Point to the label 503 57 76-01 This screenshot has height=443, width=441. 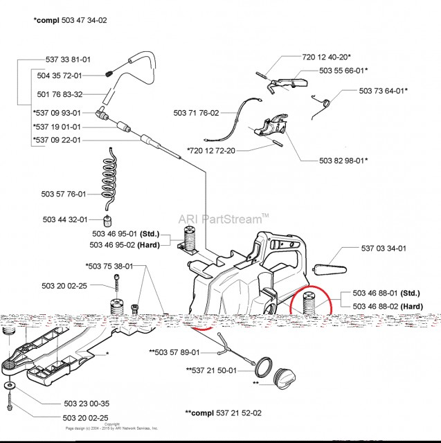64,195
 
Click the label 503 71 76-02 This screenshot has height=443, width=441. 196,113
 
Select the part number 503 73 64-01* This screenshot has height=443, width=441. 383,91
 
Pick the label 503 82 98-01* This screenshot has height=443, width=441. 344,161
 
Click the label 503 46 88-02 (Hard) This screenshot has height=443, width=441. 388,306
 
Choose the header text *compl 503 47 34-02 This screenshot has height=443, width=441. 71,21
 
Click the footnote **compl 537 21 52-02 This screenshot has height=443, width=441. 223,413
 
